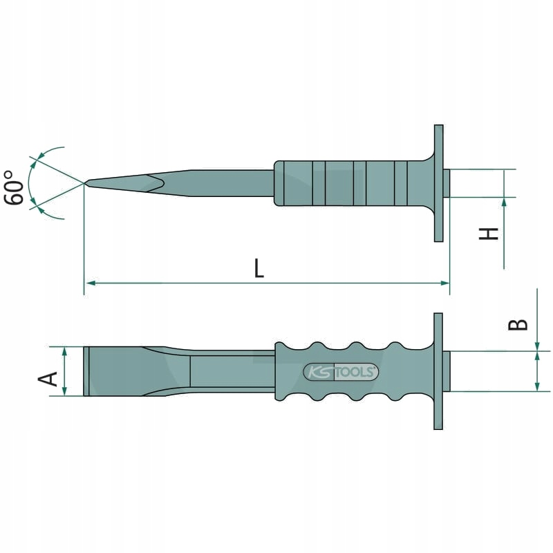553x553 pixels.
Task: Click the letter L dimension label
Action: pyautogui.click(x=259, y=268)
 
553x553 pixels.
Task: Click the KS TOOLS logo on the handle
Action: pyautogui.click(x=341, y=372)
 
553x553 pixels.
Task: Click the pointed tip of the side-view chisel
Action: pyautogui.click(x=86, y=183)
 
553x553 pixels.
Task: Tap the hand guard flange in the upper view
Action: pyautogui.click(x=438, y=183)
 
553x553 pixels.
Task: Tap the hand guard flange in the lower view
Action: pyautogui.click(x=438, y=371)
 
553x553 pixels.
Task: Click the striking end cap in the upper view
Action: pyautogui.click(x=447, y=183)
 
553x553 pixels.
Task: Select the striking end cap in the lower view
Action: pyautogui.click(x=447, y=371)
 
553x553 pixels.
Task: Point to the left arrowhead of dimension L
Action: pyautogui.click(x=89, y=283)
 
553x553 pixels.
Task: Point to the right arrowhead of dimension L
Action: pyautogui.click(x=445, y=283)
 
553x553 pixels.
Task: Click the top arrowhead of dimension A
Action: pyautogui.click(x=65, y=351)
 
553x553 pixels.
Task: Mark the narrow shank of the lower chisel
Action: pyautogui.click(x=228, y=371)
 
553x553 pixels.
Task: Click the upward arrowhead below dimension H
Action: pyautogui.click(x=504, y=203)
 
